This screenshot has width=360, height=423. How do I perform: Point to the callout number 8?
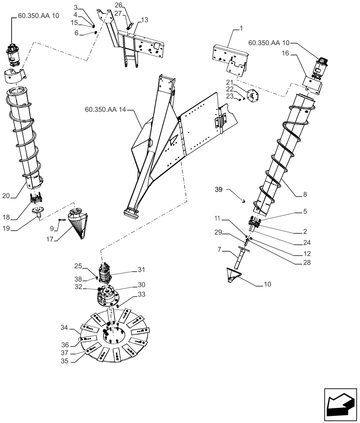pyautogui.click(x=305, y=195)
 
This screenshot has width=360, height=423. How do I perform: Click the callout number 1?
pyautogui.click(x=241, y=29)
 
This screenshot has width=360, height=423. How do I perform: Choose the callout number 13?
pyautogui.click(x=145, y=20)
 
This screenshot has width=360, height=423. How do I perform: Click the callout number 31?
pyautogui.click(x=141, y=269)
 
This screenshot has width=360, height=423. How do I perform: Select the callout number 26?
pyautogui.click(x=119, y=5)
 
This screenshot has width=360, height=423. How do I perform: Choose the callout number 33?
pyautogui.click(x=141, y=295)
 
